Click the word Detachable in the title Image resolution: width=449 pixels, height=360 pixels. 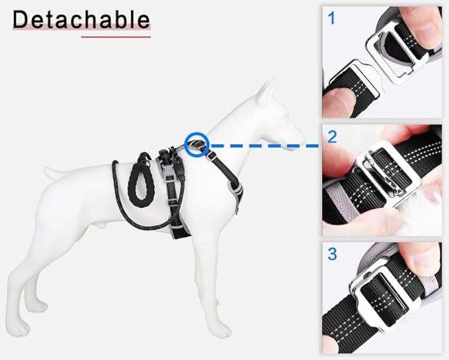pyautogui.click(x=81, y=19)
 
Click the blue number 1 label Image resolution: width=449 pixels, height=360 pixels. pyautogui.click(x=331, y=18)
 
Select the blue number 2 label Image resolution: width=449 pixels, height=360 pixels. pyautogui.click(x=332, y=137)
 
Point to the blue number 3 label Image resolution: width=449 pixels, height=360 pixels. pyautogui.click(x=332, y=253)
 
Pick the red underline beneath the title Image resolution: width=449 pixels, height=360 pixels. pyautogui.click(x=116, y=37)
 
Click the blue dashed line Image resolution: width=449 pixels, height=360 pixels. pyautogui.click(x=265, y=146)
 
